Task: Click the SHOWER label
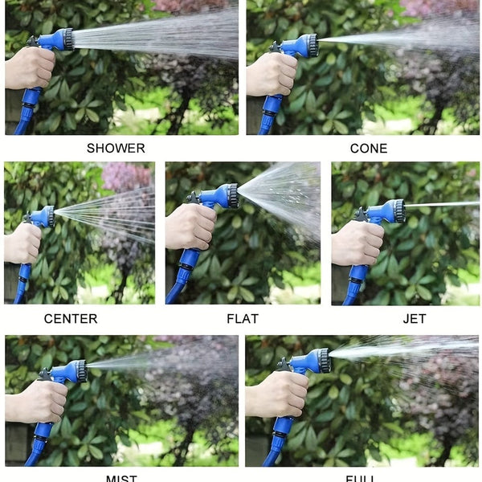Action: click(x=116, y=148)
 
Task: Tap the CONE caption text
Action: click(x=368, y=148)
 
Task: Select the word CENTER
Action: click(x=71, y=319)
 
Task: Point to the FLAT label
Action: click(x=242, y=319)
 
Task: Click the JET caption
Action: click(x=414, y=319)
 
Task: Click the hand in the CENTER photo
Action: click(x=22, y=243)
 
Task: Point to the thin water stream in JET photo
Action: click(x=442, y=205)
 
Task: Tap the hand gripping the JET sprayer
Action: click(x=357, y=243)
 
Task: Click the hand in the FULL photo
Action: click(x=277, y=394)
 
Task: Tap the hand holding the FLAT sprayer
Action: click(x=190, y=227)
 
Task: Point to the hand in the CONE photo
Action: click(x=272, y=74)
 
